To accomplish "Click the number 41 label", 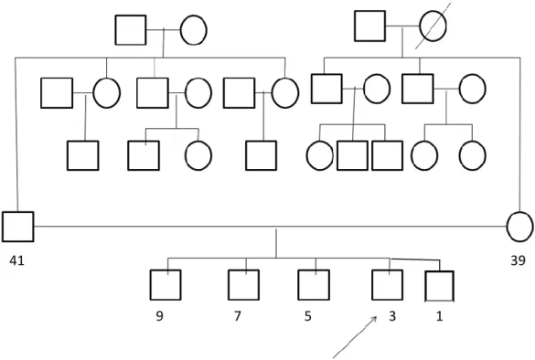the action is tap(16, 260).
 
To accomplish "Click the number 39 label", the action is tap(518, 260).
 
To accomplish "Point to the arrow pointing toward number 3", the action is tap(355, 337).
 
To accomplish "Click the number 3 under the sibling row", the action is tap(392, 316).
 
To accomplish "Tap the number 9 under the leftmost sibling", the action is tap(160, 316).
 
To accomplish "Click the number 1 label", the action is tap(440, 316).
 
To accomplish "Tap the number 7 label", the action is tap(238, 316).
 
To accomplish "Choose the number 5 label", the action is tap(308, 316).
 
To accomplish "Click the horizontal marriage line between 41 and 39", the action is tap(270, 226).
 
